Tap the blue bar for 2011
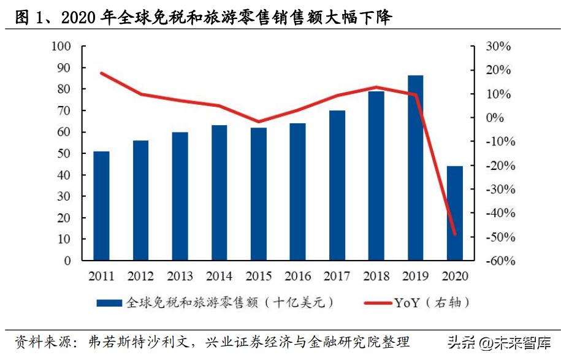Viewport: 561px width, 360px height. click(x=101, y=205)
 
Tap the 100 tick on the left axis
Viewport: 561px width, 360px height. click(x=62, y=47)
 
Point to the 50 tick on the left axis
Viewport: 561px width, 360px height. click(x=64, y=153)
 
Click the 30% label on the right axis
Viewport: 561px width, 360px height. click(x=498, y=47)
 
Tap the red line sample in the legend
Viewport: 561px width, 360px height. click(x=376, y=302)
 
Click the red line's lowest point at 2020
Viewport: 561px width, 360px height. click(x=455, y=234)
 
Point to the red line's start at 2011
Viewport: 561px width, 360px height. click(x=101, y=73)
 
